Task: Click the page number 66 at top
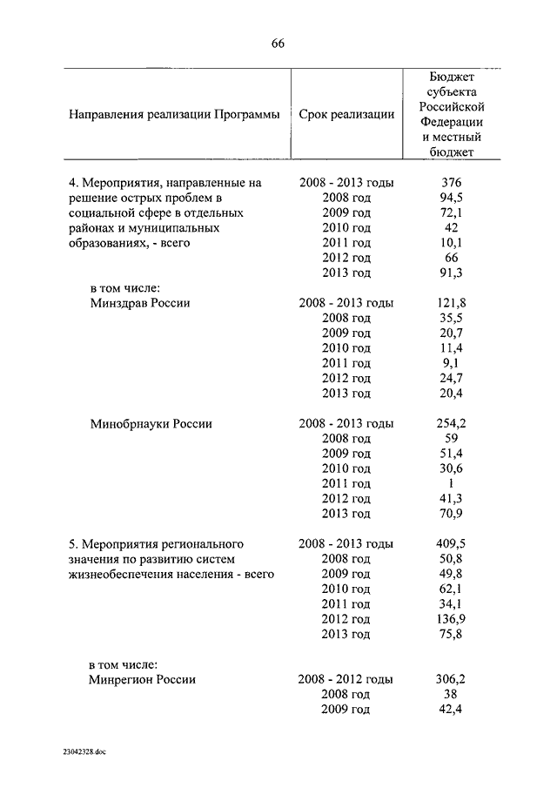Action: [278, 44]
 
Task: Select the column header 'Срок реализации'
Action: [346, 114]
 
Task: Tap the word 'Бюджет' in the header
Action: [452, 77]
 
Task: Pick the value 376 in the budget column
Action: [452, 182]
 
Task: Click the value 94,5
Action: [452, 198]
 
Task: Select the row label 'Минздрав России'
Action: [140, 303]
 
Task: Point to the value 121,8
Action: [452, 303]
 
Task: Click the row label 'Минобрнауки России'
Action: [151, 423]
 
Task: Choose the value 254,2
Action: [452, 423]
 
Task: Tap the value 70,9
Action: [452, 514]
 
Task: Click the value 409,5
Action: [452, 543]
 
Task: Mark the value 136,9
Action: [452, 619]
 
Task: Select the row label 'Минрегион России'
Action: [143, 679]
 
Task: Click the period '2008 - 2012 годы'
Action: [346, 679]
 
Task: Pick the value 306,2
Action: [452, 679]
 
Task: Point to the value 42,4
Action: [452, 710]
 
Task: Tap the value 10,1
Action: [452, 243]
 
